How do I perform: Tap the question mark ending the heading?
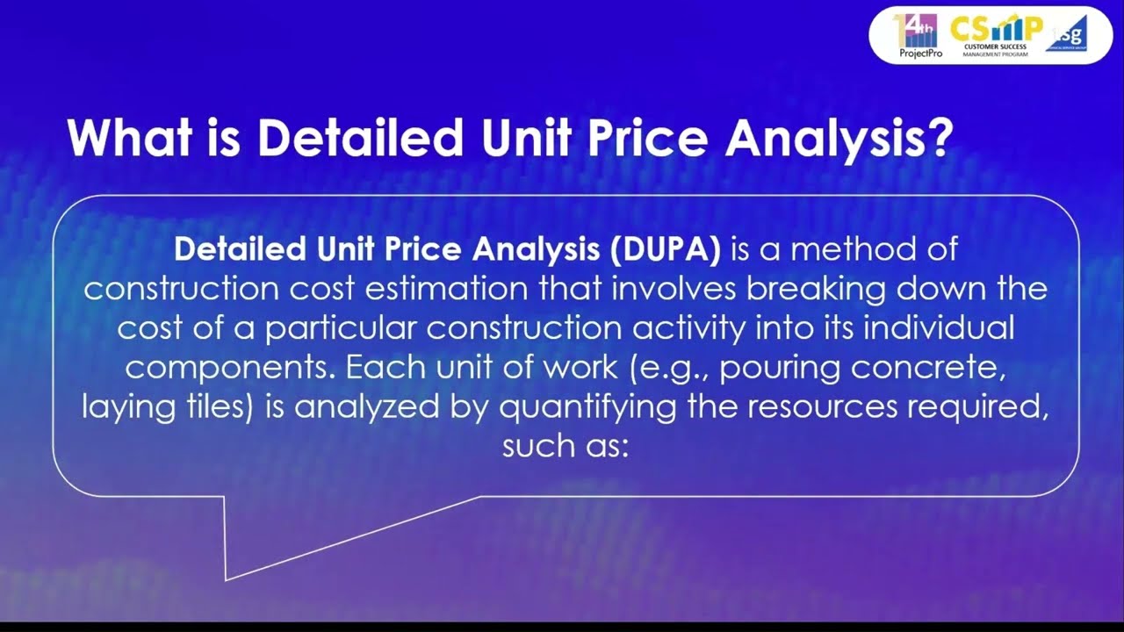(x=936, y=138)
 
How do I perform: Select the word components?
(x=229, y=367)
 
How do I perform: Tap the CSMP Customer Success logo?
(x=994, y=35)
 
